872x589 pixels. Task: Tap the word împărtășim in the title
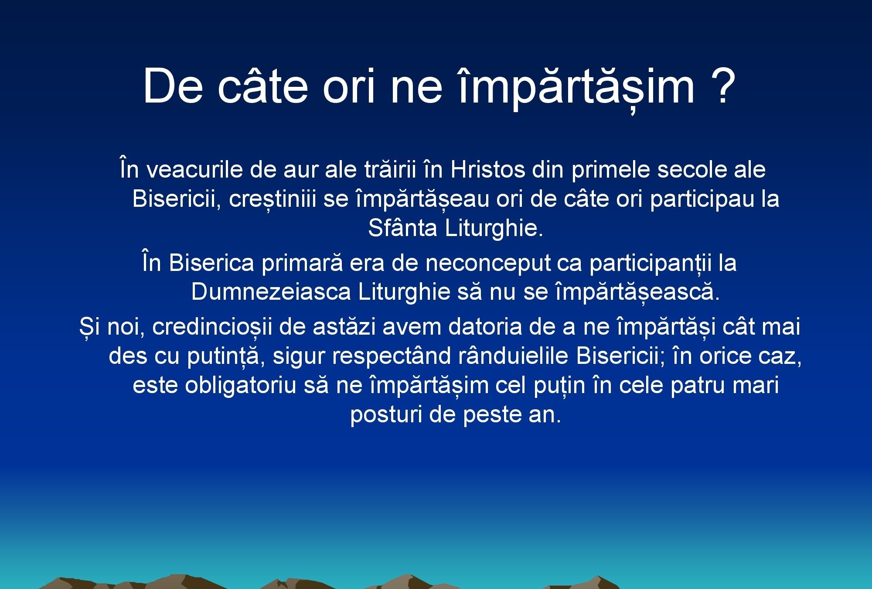point(577,87)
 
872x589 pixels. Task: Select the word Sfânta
point(402,228)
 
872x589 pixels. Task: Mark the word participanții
point(651,264)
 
